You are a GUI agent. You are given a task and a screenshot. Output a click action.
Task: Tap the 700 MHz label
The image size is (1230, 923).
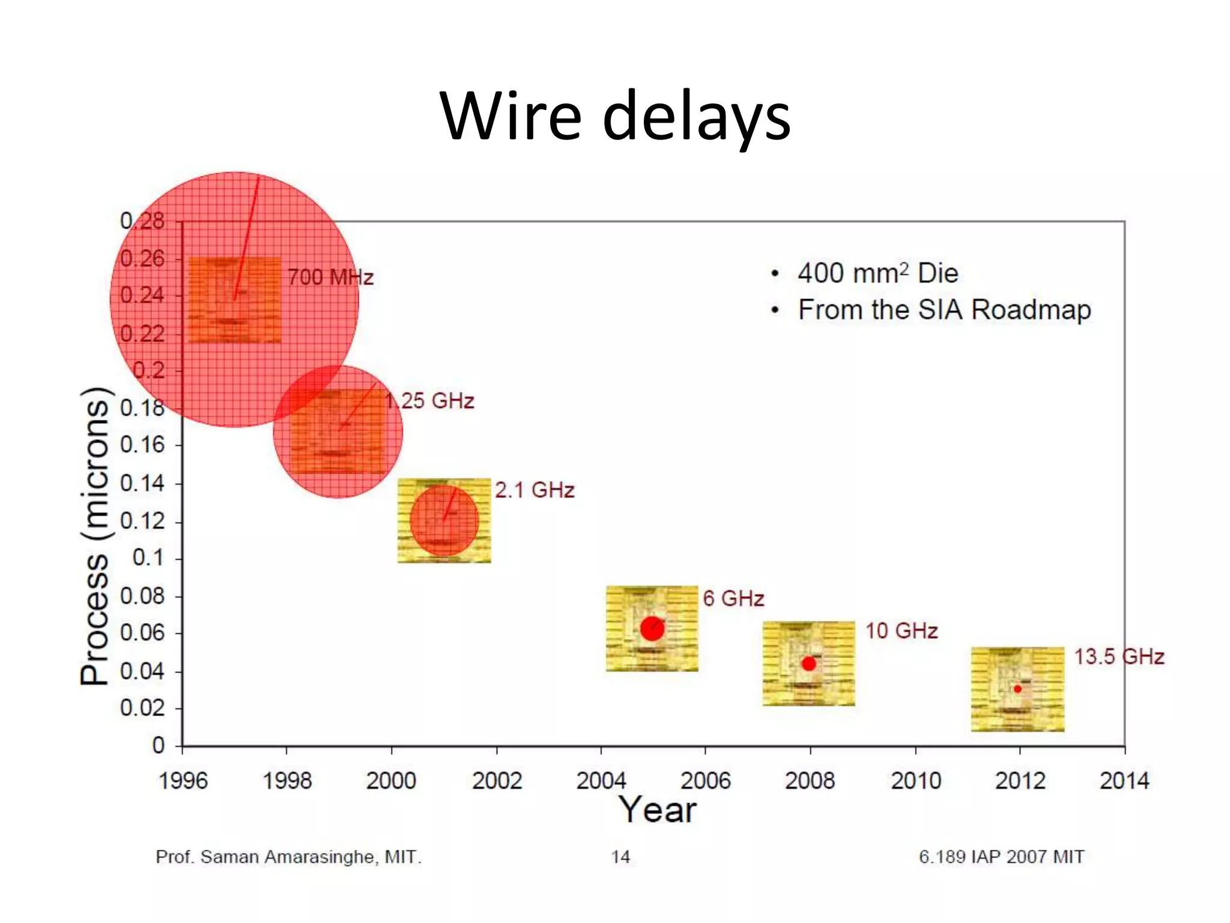pyautogui.click(x=331, y=277)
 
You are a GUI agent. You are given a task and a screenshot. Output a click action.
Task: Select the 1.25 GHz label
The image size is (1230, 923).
pyautogui.click(x=430, y=401)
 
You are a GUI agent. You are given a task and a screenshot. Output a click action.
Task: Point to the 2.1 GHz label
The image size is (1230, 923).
pyautogui.click(x=535, y=490)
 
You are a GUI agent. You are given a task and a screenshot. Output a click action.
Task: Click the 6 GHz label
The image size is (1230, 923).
pyautogui.click(x=733, y=599)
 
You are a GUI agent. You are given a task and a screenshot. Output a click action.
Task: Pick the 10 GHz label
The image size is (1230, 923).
pyautogui.click(x=901, y=630)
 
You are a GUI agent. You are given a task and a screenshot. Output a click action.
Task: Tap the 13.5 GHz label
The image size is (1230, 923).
pyautogui.click(x=1119, y=656)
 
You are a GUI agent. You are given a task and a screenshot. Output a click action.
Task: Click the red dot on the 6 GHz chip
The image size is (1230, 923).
pyautogui.click(x=652, y=629)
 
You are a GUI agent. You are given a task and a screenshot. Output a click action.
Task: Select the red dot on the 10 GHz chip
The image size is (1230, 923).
pyautogui.click(x=809, y=663)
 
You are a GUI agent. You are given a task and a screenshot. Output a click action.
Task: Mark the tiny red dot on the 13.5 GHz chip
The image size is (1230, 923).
pyautogui.click(x=1017, y=689)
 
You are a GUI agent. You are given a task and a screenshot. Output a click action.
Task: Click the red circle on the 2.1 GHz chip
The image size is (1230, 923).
pyautogui.click(x=444, y=520)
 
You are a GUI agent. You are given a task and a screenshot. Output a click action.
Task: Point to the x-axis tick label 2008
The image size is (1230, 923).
pyautogui.click(x=810, y=781)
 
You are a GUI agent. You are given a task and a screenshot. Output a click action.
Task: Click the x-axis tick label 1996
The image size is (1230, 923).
pyautogui.click(x=183, y=781)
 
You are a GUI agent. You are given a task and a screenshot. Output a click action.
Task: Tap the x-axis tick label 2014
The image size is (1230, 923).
pyautogui.click(x=1124, y=781)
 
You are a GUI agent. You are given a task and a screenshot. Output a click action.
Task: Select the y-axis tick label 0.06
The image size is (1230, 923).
pyautogui.click(x=142, y=632)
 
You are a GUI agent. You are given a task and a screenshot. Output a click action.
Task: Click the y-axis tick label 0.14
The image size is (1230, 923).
pyautogui.click(x=142, y=483)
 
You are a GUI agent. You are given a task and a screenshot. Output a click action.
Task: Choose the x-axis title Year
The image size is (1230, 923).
pyautogui.click(x=658, y=809)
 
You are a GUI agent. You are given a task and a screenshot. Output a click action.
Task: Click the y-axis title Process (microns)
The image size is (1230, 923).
pyautogui.click(x=95, y=536)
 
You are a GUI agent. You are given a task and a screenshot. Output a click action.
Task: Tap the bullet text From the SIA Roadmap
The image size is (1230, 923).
pyautogui.click(x=944, y=310)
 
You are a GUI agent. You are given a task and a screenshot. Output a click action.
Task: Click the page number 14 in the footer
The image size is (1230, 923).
pyautogui.click(x=620, y=856)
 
